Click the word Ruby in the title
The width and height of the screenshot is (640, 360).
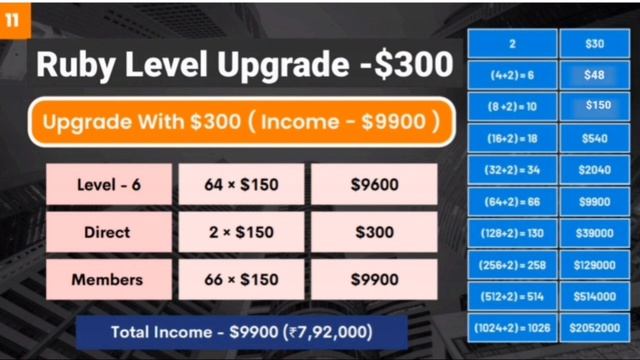[x=78, y=64]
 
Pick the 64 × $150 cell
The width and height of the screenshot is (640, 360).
[x=241, y=185]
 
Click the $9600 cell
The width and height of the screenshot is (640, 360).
[x=374, y=185]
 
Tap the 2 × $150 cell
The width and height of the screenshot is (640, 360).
[x=241, y=232]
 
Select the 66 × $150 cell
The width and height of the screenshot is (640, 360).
[x=241, y=280]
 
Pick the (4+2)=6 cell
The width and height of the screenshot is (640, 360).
[x=512, y=74]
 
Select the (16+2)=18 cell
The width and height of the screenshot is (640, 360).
[x=512, y=138]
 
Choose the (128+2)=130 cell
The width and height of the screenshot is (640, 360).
[x=512, y=233]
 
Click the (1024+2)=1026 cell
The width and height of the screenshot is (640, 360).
[x=512, y=327]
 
